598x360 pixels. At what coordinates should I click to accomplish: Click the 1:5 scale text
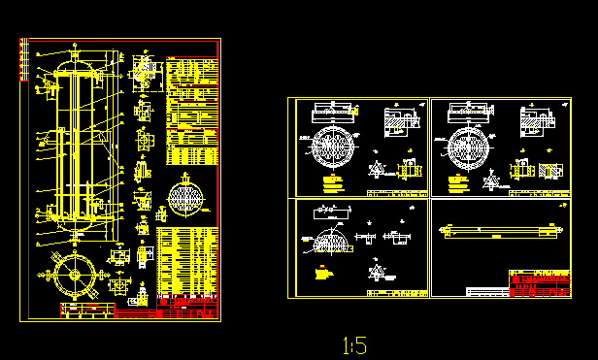(x=354, y=344)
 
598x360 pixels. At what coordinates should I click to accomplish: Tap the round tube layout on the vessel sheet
(x=185, y=197)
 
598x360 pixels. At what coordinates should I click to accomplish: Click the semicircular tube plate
(x=331, y=242)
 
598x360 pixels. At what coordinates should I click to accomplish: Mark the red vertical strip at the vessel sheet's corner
(x=22, y=59)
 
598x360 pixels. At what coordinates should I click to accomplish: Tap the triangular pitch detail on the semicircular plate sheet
(x=378, y=272)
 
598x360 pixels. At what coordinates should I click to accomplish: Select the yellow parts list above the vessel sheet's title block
(x=186, y=262)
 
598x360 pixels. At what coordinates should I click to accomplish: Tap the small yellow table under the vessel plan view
(x=77, y=308)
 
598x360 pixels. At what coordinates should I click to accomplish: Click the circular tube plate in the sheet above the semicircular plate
(x=335, y=148)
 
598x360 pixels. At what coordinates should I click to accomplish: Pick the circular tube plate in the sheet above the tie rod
(x=469, y=148)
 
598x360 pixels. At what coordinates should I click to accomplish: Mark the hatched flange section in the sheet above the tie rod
(x=536, y=120)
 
